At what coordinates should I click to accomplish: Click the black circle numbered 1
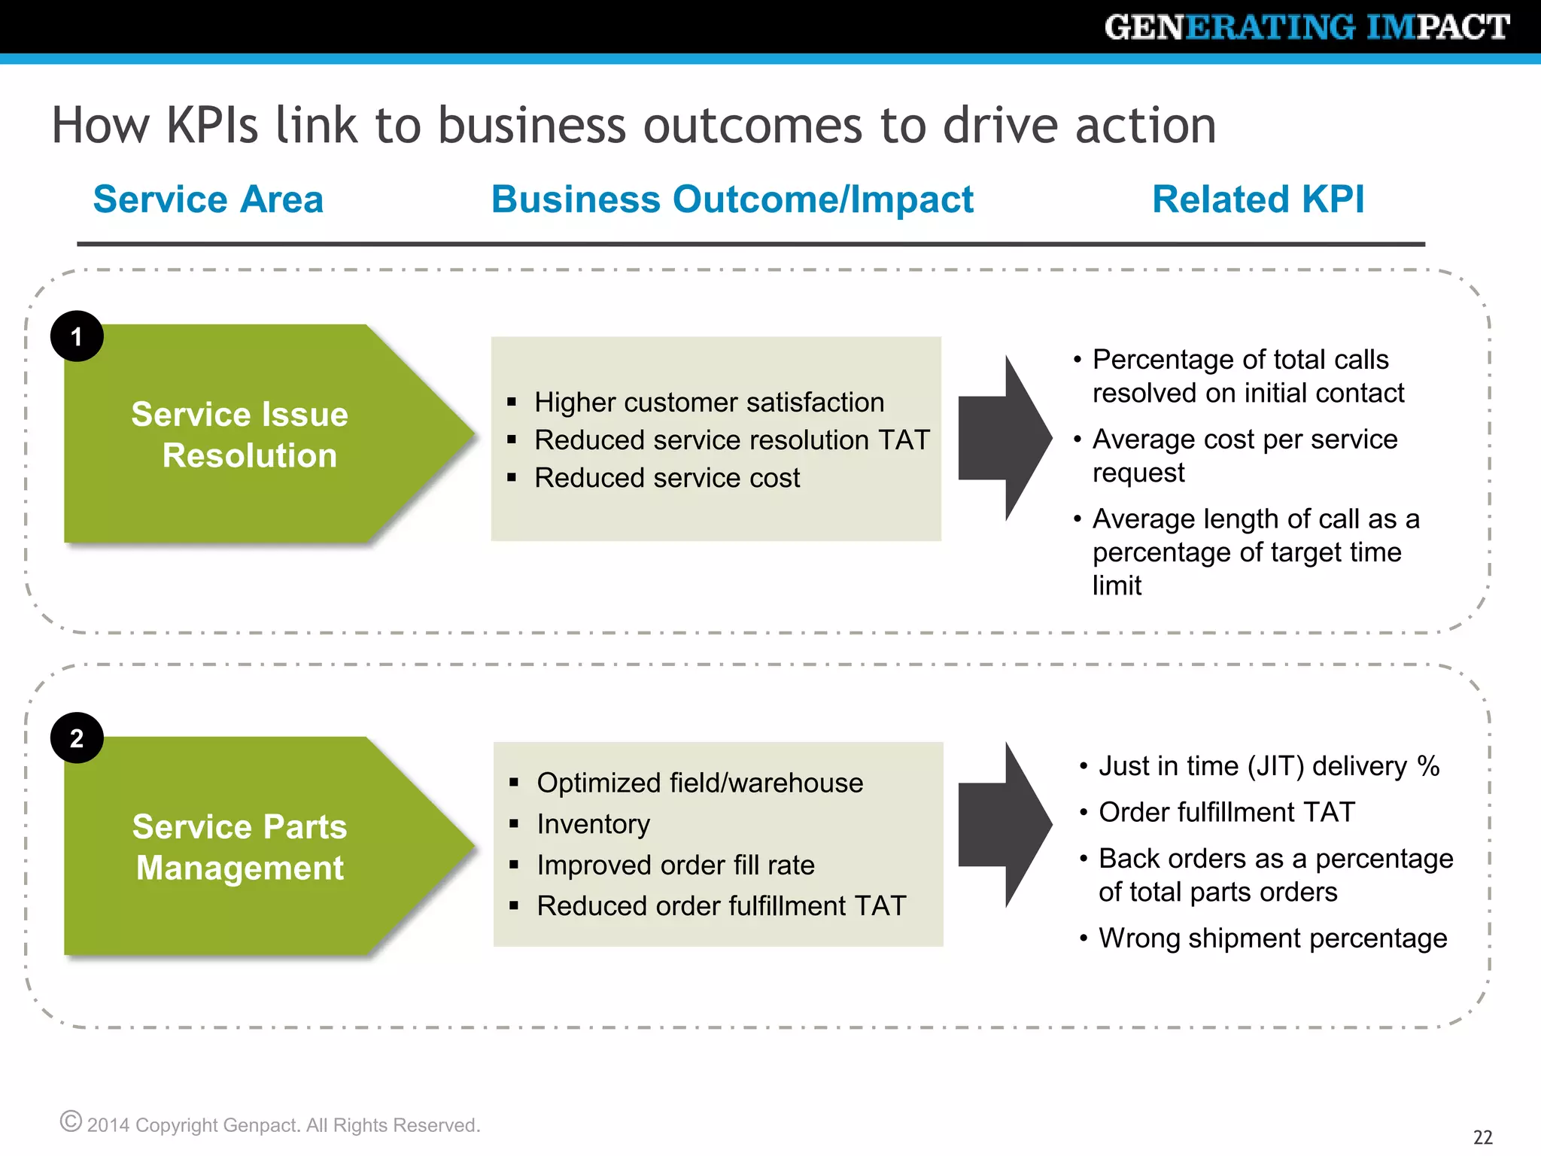pyautogui.click(x=77, y=336)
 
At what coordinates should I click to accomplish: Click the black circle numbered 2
pyautogui.click(x=77, y=738)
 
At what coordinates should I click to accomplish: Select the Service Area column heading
pyautogui.click(x=208, y=199)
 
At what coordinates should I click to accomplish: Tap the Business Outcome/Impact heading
pyautogui.click(x=732, y=199)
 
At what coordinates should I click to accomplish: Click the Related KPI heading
pyautogui.click(x=1258, y=199)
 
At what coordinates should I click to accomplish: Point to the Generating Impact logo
pyautogui.click(x=1307, y=28)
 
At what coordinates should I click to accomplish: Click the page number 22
pyautogui.click(x=1482, y=1136)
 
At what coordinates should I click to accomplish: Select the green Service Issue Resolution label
pyautogui.click(x=241, y=435)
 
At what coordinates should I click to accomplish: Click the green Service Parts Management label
pyautogui.click(x=241, y=847)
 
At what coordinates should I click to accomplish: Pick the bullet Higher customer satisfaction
pyautogui.click(x=709, y=403)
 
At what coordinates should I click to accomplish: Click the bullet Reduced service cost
pyautogui.click(x=667, y=478)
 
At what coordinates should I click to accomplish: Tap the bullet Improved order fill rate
pyautogui.click(x=675, y=865)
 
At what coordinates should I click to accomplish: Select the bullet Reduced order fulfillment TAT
pyautogui.click(x=721, y=906)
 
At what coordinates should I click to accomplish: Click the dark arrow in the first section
pyautogui.click(x=1005, y=439)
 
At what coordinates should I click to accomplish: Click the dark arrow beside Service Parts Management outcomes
pyautogui.click(x=1005, y=825)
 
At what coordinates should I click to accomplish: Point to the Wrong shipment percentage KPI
pyautogui.click(x=1272, y=938)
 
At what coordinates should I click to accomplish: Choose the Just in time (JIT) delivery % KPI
pyautogui.click(x=1269, y=766)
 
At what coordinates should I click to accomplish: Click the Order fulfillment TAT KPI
pyautogui.click(x=1226, y=812)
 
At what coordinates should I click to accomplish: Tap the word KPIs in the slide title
pyautogui.click(x=212, y=125)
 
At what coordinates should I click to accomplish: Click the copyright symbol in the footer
pyautogui.click(x=71, y=1121)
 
